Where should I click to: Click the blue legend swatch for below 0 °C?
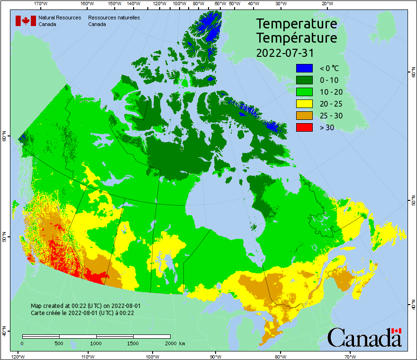[304, 68]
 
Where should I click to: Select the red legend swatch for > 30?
[304, 127]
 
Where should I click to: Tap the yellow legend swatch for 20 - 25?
[304, 103]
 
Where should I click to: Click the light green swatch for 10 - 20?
[304, 91]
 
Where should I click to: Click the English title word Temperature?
[297, 24]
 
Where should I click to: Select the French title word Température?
[297, 37]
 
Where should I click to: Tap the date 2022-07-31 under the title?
[285, 52]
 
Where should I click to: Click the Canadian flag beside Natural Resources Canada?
[26, 21]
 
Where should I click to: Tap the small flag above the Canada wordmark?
[397, 331]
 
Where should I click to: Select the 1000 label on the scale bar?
[96, 343]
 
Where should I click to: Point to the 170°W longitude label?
[41, 4]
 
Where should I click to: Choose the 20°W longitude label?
[326, 4]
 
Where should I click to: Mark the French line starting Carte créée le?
[82, 313]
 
